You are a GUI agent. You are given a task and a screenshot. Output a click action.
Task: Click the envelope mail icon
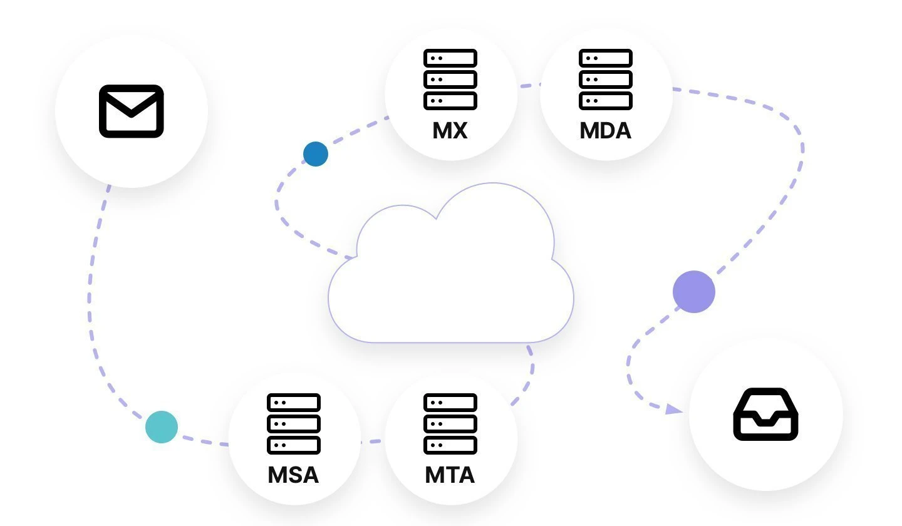click(131, 111)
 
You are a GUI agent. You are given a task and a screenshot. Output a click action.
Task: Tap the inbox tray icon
click(765, 414)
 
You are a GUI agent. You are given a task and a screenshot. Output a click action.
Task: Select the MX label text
click(450, 130)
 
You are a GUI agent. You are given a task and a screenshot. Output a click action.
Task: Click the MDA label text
click(605, 130)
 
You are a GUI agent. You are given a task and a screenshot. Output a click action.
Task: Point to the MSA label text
click(293, 475)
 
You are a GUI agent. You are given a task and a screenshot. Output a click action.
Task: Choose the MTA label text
click(450, 475)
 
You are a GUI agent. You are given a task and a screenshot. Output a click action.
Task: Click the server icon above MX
click(450, 79)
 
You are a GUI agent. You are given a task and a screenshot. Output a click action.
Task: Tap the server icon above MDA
click(606, 79)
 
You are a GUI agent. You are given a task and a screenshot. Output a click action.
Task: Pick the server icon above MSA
click(294, 423)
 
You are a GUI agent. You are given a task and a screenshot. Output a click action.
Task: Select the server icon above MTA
click(450, 423)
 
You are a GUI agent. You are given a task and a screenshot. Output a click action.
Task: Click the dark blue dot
click(316, 154)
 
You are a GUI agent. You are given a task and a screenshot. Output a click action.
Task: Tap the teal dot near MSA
click(162, 427)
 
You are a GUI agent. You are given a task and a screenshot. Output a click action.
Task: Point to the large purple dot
click(694, 292)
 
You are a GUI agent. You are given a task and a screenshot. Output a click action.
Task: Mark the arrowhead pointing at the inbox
click(674, 410)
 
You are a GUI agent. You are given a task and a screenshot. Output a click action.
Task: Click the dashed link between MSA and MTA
click(372, 441)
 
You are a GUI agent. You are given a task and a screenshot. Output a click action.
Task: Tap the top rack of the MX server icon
click(450, 58)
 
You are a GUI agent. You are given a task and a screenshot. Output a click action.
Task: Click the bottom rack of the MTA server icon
click(450, 445)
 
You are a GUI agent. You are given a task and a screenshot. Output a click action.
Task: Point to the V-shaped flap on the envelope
click(131, 106)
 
